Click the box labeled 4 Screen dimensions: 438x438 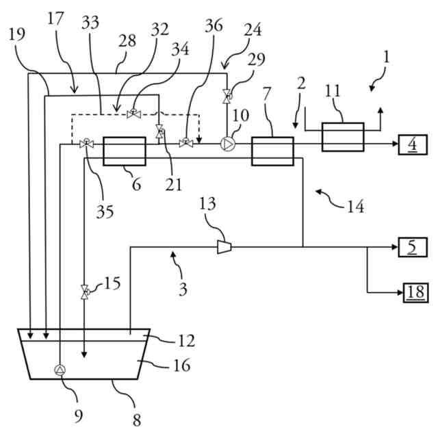pyautogui.click(x=413, y=144)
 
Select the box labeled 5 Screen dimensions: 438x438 pyautogui.click(x=413, y=247)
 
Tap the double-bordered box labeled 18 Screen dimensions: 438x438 pyautogui.click(x=415, y=292)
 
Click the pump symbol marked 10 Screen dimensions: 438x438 pyautogui.click(x=228, y=144)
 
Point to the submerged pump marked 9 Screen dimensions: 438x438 pyautogui.click(x=60, y=370)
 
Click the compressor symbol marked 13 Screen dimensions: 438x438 pyautogui.click(x=224, y=247)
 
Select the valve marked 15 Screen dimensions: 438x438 pyautogui.click(x=85, y=292)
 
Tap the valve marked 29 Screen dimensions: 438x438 pyautogui.click(x=227, y=96)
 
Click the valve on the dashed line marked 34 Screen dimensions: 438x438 pyautogui.click(x=134, y=113)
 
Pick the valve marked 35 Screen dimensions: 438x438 pyautogui.click(x=86, y=144)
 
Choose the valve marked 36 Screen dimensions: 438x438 pyautogui.click(x=186, y=143)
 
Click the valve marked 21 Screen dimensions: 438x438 pyautogui.click(x=160, y=131)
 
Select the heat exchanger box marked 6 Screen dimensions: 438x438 pyautogui.click(x=125, y=151)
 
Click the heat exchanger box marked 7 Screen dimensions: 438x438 pyautogui.click(x=272, y=151)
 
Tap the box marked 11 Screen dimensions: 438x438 pyautogui.click(x=343, y=137)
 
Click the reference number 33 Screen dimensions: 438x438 pyautogui.click(x=90, y=23)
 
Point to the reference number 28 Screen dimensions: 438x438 pyautogui.click(x=127, y=41)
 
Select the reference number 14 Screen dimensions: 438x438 pyautogui.click(x=355, y=207)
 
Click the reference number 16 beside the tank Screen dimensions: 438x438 pyautogui.click(x=182, y=365)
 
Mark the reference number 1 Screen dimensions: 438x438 pyautogui.click(x=386, y=57)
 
